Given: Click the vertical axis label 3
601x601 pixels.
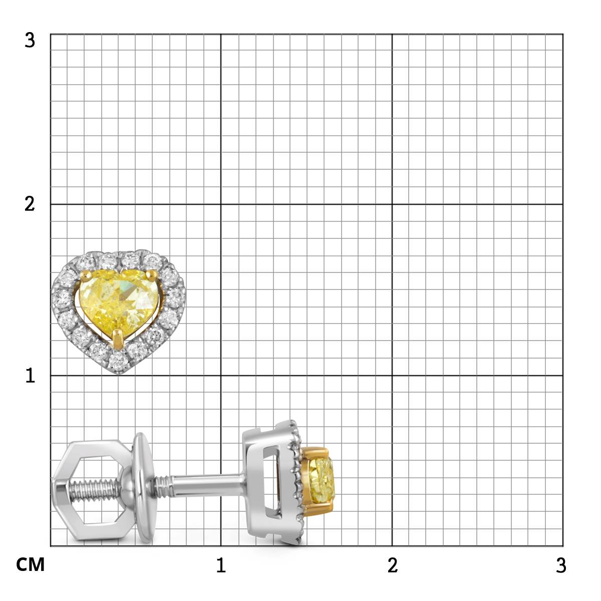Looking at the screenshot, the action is pyautogui.click(x=30, y=41).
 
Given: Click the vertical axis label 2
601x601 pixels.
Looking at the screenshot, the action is pyautogui.click(x=30, y=204).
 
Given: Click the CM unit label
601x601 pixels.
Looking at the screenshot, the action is pyautogui.click(x=30, y=564).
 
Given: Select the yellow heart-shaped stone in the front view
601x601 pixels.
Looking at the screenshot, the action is pyautogui.click(x=119, y=302).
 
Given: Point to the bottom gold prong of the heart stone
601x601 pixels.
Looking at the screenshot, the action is pyautogui.click(x=118, y=338).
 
